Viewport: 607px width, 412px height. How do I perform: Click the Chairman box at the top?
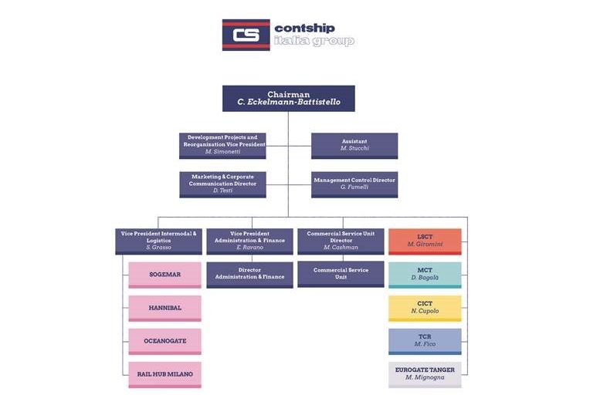288,98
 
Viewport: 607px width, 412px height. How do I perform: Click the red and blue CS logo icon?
246,35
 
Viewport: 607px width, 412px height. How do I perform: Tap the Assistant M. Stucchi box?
354,145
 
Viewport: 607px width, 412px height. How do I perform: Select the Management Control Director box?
354,184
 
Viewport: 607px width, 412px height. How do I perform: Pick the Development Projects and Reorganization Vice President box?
223,145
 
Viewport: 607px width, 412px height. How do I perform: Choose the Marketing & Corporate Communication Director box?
223,184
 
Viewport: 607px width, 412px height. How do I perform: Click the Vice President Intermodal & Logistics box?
158,241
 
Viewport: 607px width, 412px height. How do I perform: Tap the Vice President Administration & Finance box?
249,241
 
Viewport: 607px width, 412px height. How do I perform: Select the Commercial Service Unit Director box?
340,241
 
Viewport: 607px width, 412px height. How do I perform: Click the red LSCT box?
424,241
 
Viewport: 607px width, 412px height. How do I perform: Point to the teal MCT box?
424,274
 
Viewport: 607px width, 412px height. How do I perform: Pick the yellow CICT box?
424,307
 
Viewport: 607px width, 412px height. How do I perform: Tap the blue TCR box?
424,340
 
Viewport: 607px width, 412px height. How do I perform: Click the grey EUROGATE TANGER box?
424,373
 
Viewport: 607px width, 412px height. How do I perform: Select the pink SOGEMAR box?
164,275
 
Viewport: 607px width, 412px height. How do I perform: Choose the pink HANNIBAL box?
164,308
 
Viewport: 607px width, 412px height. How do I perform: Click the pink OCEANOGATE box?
164,341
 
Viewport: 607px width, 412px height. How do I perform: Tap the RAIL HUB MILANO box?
164,374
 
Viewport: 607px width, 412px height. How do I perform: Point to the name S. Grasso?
158,248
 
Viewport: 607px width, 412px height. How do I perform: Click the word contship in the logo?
305,28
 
